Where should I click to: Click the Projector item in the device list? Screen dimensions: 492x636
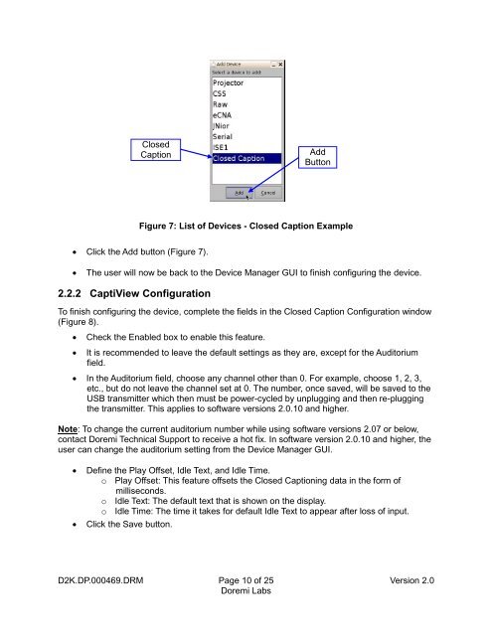228,82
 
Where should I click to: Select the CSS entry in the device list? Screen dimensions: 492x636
220,93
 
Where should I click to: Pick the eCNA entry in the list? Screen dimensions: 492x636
222,115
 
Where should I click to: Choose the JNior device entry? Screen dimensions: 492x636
221,126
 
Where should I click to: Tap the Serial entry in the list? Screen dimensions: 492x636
223,137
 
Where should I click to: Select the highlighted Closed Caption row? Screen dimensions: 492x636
246,158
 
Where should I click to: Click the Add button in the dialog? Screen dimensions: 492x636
239,193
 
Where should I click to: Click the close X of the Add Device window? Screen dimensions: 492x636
280,64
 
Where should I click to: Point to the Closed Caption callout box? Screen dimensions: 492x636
155,150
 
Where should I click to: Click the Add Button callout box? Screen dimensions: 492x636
318,157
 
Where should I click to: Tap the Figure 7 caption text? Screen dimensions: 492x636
246,226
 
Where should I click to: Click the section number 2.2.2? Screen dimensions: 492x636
70,293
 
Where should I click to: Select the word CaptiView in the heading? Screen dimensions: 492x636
113,293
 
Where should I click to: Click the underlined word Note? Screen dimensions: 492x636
68,429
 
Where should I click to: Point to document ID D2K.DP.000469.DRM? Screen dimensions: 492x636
100,580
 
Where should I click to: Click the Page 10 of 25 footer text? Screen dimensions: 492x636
246,580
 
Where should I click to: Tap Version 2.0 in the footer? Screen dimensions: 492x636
411,580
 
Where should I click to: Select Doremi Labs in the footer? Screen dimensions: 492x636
246,591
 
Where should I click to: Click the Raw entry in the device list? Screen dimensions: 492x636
221,104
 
